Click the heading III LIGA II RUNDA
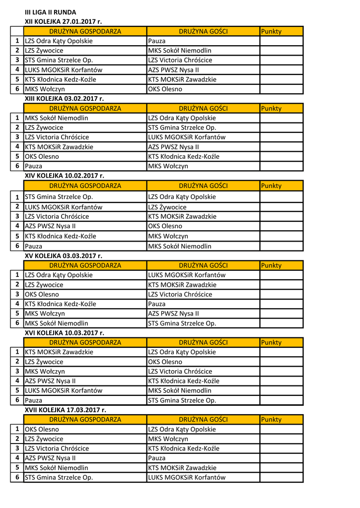51,12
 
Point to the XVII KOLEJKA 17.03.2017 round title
66,410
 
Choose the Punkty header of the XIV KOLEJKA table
271,186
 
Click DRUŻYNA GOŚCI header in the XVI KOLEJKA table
203,342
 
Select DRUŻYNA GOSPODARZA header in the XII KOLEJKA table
85,31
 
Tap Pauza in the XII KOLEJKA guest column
157,41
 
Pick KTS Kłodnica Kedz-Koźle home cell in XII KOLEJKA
61,79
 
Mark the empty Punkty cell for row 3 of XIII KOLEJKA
281,137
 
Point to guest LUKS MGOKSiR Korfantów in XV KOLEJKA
187,275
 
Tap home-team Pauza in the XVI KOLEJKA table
34,400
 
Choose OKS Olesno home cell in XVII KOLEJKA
42,429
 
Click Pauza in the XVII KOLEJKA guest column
157,458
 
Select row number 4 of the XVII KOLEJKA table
17,458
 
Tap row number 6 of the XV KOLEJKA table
17,323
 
